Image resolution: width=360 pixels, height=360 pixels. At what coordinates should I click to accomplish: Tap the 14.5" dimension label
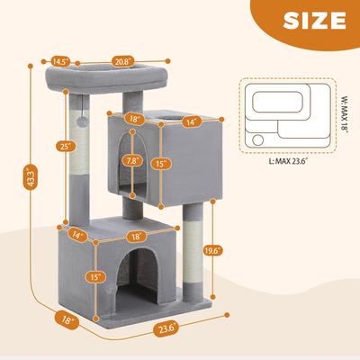tap(61, 61)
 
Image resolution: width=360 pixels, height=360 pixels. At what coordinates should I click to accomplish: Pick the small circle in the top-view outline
tap(260, 139)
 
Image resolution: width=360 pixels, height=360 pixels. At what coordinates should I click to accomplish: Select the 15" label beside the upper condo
tap(185, 165)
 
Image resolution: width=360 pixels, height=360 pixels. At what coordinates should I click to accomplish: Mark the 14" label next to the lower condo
tap(78, 234)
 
